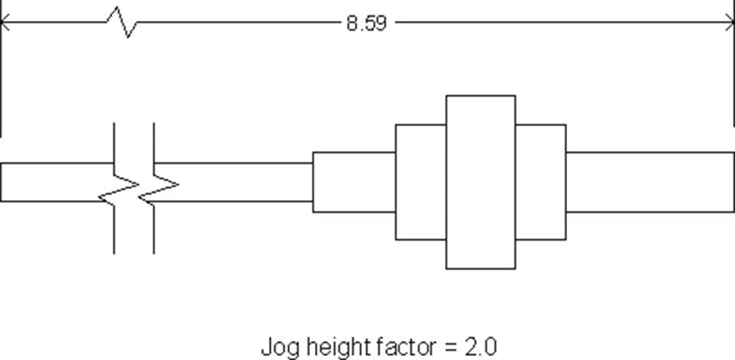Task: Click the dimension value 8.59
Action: point(367,23)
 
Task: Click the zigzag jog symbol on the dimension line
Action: point(121,22)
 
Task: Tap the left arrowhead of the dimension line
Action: point(5,22)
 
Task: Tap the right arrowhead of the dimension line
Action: point(730,22)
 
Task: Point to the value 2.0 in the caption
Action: point(481,347)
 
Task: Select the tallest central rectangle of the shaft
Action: point(481,182)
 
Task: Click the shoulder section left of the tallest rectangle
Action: point(421,182)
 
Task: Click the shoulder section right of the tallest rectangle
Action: point(541,182)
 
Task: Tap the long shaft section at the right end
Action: point(650,182)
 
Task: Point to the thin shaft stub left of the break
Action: point(57,182)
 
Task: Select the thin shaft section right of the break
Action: point(233,182)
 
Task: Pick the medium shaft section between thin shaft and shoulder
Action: point(354,182)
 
